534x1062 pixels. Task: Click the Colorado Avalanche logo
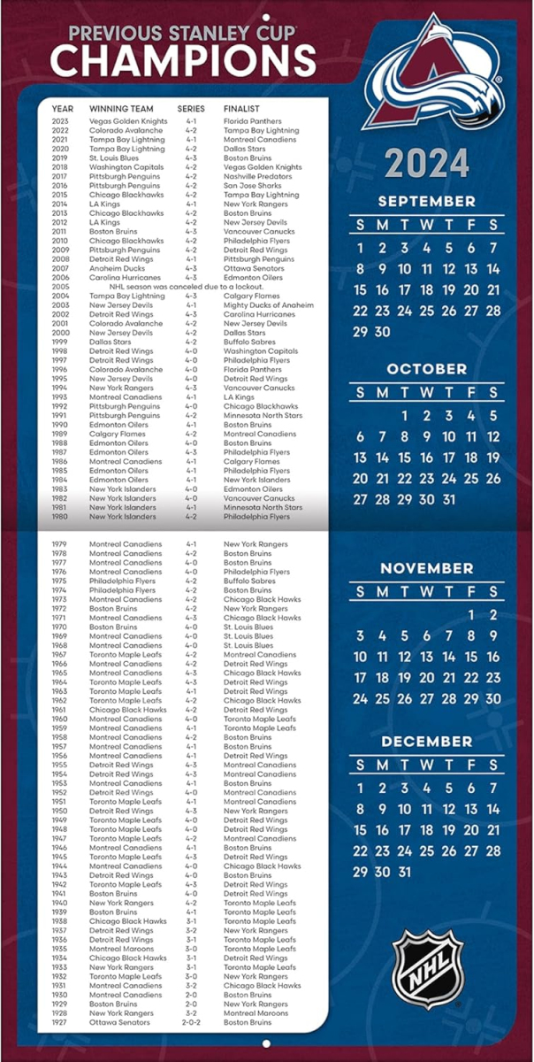coord(432,73)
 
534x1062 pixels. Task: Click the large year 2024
coord(427,165)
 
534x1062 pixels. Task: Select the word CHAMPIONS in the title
coord(183,61)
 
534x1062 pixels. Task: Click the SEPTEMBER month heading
coord(427,201)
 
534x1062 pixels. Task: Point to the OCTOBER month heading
coord(427,368)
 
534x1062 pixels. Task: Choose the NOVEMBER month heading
coord(427,568)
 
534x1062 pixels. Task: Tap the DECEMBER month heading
coord(427,742)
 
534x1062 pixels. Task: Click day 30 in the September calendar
coord(382,332)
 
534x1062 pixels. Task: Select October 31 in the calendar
coord(449,499)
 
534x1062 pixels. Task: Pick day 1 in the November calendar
coord(471,615)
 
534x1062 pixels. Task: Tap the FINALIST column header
coord(241,109)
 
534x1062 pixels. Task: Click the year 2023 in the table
coord(60,121)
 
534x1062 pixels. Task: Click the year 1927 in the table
coord(60,1023)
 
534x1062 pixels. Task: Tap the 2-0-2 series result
coord(191,1023)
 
